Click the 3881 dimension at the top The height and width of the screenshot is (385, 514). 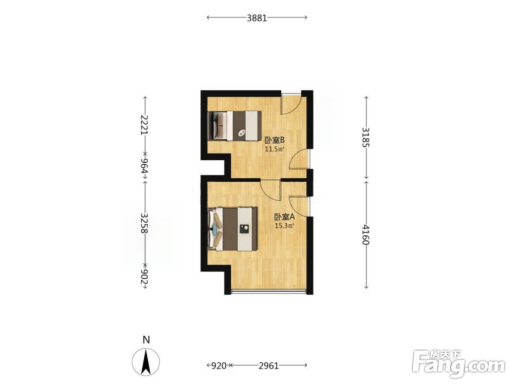point(257,17)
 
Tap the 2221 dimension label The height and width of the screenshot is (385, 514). point(144,125)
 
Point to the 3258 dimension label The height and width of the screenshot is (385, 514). point(144,223)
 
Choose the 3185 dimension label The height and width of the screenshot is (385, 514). point(366,137)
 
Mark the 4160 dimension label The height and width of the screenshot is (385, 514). point(366,235)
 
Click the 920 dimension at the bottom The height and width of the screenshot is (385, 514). point(218,365)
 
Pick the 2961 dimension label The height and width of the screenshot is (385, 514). point(268,365)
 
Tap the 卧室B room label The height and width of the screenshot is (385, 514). point(274,141)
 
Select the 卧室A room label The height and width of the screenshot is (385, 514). point(285,217)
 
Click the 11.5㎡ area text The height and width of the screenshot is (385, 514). point(274,149)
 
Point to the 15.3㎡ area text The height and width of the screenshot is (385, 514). point(284,225)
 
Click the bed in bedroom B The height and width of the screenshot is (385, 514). point(235,126)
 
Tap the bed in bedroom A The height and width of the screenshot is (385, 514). point(232,229)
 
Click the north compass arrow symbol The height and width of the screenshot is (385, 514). point(146,362)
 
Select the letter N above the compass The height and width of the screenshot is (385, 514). point(146,340)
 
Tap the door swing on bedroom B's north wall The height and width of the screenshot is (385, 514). point(291,104)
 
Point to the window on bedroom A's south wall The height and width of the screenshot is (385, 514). point(269,291)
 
